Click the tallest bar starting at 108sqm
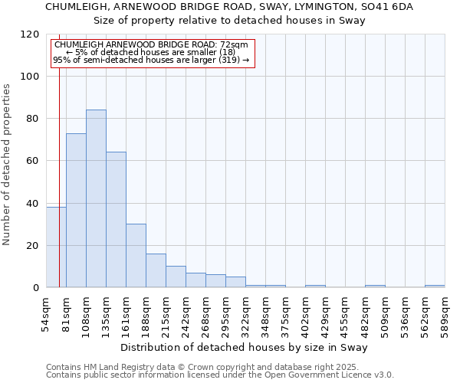pyautogui.click(x=96, y=198)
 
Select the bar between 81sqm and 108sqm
pyautogui.click(x=76, y=211)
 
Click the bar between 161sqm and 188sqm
pyautogui.click(x=136, y=256)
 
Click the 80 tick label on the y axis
pyautogui.click(x=32, y=119)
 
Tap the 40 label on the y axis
pyautogui.click(x=32, y=204)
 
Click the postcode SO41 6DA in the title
pyautogui.click(x=387, y=7)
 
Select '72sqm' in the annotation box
pyautogui.click(x=232, y=45)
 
